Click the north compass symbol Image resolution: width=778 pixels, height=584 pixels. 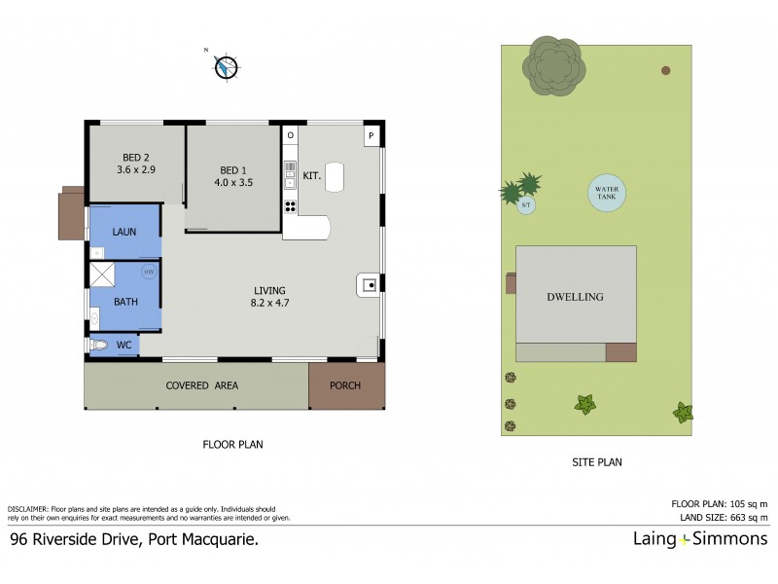[x=226, y=66]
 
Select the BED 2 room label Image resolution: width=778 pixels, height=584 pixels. [x=136, y=156]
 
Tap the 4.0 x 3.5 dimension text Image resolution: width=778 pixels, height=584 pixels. [x=233, y=181]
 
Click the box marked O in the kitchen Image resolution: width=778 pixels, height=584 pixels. [x=290, y=135]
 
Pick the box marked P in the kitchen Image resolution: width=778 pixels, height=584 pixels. [x=371, y=135]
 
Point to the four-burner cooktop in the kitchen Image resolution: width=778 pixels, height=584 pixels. [x=290, y=205]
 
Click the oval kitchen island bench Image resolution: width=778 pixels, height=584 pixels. [x=336, y=175]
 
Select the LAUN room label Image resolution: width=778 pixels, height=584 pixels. [x=124, y=232]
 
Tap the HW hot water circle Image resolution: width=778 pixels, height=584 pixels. [x=149, y=272]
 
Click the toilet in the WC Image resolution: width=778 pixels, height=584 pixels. [x=100, y=345]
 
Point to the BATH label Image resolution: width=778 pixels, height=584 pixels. [x=125, y=302]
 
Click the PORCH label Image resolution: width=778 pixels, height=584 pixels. [x=345, y=385]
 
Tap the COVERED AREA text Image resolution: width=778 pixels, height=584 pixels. [x=201, y=385]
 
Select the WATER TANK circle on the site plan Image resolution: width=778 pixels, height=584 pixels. [x=606, y=194]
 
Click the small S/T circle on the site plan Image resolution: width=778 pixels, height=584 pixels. [x=526, y=205]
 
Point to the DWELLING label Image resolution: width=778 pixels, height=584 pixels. [x=575, y=297]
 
